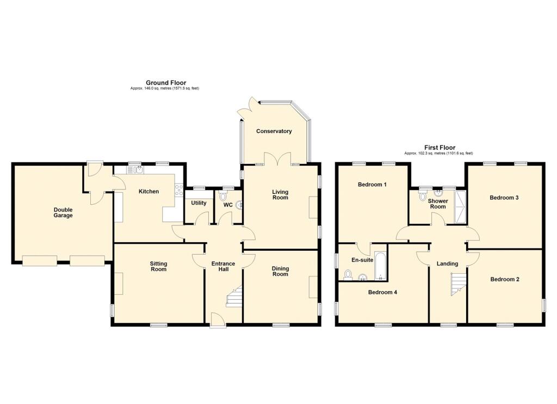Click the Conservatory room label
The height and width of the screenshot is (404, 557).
pos(274,131)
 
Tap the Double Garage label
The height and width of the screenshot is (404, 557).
pos(63,212)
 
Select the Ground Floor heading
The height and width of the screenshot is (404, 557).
pos(166,83)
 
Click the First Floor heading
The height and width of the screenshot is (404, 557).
pos(440,148)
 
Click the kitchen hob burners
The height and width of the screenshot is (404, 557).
pos(178,191)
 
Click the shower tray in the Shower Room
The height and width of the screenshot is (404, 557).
pos(460,207)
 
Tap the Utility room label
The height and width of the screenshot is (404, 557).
pos(199,203)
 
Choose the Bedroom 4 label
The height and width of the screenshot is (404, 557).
pos(382,292)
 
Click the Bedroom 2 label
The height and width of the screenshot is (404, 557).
pos(505,280)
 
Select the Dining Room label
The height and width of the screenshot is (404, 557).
pos(280,272)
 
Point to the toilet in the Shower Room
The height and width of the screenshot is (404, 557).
pos(423,195)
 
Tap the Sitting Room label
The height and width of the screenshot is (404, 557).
pos(158,267)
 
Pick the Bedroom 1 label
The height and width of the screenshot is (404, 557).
pos(372,185)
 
